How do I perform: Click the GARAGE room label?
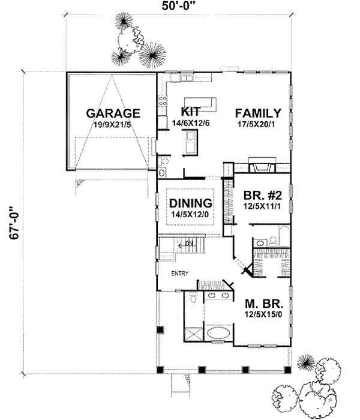(113, 113)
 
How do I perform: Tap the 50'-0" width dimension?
(178, 5)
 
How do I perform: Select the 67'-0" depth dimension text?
(14, 223)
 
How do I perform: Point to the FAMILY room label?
(258, 113)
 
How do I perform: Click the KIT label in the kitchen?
(190, 111)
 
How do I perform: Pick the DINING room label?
(190, 203)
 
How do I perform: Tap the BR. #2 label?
(263, 195)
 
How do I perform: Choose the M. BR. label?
(264, 304)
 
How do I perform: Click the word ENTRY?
(180, 274)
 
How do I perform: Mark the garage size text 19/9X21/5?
(113, 125)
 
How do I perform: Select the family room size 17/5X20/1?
(256, 124)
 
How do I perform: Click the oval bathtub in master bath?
(218, 333)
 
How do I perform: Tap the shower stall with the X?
(193, 334)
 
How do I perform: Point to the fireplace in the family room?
(262, 165)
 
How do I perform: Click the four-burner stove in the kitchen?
(163, 101)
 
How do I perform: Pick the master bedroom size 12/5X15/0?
(263, 314)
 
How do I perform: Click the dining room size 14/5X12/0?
(190, 214)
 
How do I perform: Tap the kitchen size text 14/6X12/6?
(190, 123)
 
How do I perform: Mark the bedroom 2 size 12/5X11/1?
(262, 206)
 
